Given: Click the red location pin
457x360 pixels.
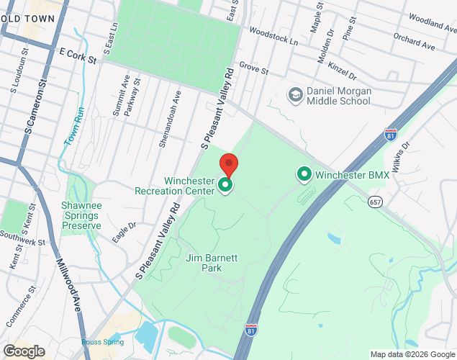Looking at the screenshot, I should click(x=228, y=165).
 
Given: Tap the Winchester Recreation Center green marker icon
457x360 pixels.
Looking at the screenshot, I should click(x=225, y=186).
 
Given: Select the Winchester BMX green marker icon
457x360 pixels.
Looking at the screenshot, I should click(x=304, y=174).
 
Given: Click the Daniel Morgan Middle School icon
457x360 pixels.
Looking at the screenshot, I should click(x=294, y=94).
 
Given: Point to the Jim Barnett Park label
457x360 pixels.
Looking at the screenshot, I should click(x=212, y=263).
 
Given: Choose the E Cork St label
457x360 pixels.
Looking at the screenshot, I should click(x=78, y=55).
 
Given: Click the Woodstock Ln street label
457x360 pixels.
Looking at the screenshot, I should click(x=273, y=37).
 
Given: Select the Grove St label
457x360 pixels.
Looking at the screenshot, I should click(x=253, y=68).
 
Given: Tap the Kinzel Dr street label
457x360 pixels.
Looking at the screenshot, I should click(x=341, y=70).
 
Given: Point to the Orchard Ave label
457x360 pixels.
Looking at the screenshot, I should click(x=415, y=42).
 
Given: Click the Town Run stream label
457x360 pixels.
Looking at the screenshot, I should click(x=74, y=127).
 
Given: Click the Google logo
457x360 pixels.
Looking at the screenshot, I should click(x=23, y=351).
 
